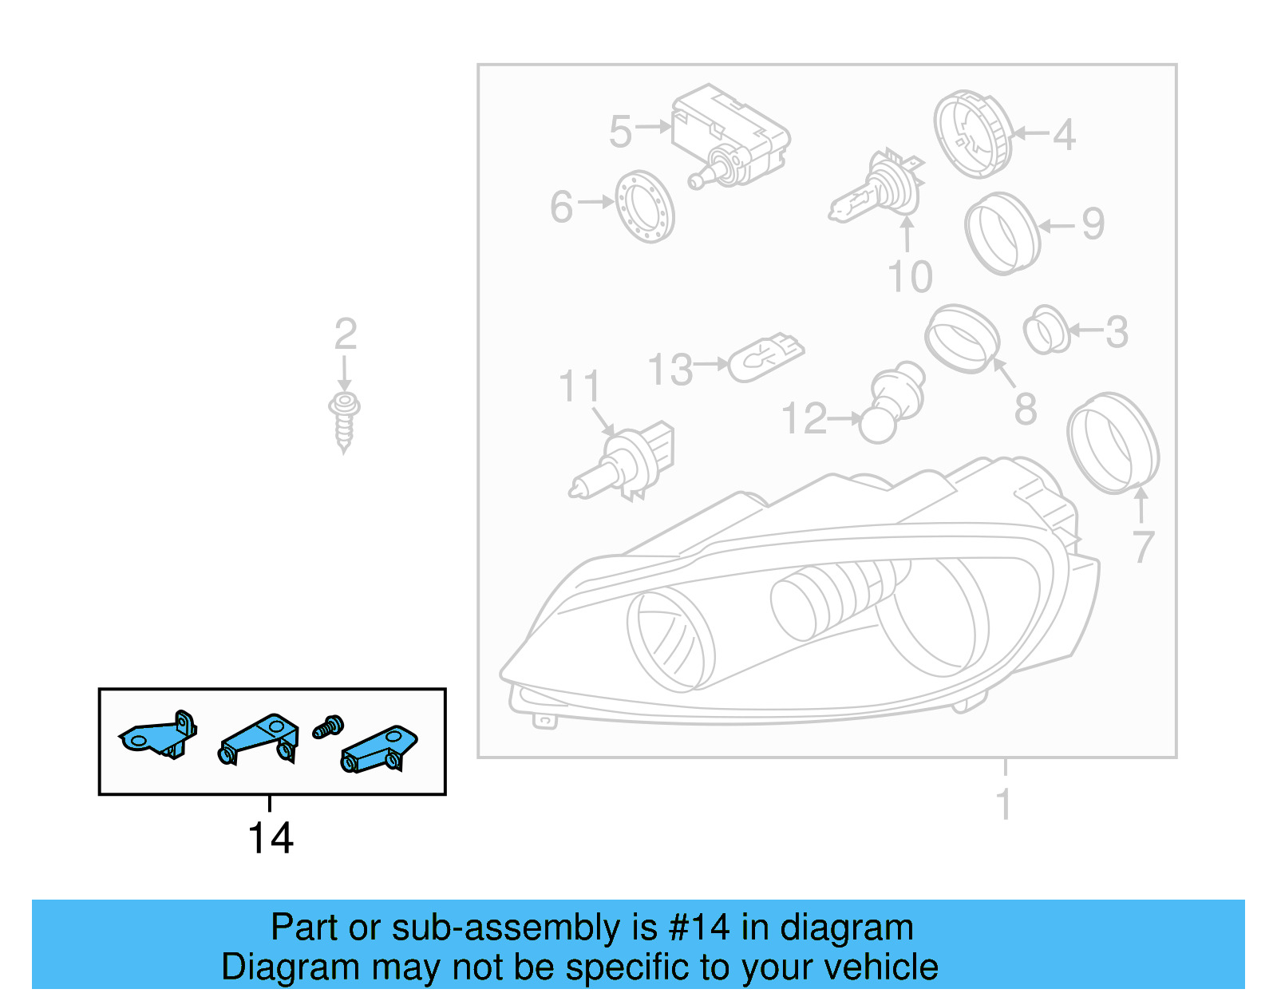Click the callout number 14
[271, 838]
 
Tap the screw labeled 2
[344, 421]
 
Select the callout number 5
[620, 132]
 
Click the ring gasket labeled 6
[645, 207]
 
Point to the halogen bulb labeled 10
[879, 188]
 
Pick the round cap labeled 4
[972, 133]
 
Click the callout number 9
[1093, 224]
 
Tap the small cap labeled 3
[1046, 329]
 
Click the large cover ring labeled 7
[1113, 442]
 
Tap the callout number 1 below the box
[1004, 803]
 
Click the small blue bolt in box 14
[328, 727]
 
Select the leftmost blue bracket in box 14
[158, 735]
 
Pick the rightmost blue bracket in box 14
[379, 750]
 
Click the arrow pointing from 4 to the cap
[1030, 133]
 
